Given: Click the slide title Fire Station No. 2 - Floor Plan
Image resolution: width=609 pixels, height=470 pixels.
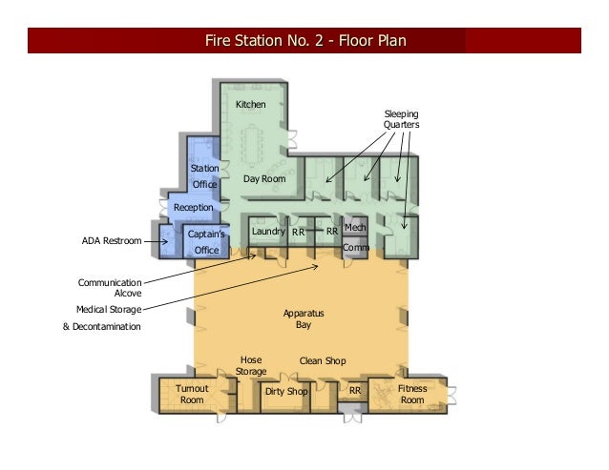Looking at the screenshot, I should pyautogui.click(x=304, y=41).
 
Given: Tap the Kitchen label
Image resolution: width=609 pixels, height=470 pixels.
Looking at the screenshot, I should pyautogui.click(x=250, y=104).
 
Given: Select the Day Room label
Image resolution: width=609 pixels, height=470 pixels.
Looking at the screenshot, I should pyautogui.click(x=264, y=178).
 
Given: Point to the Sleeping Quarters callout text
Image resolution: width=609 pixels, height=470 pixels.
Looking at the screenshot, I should pyautogui.click(x=401, y=119).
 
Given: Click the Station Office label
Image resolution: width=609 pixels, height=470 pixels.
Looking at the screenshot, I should pyautogui.click(x=205, y=175).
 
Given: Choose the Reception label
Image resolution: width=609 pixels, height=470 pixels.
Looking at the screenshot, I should pyautogui.click(x=194, y=207).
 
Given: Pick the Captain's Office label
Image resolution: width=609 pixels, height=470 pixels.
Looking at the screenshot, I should pyautogui.click(x=206, y=241).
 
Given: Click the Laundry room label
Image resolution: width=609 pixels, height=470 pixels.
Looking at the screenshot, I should pyautogui.click(x=267, y=231).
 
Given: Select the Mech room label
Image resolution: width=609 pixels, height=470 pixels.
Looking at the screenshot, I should pyautogui.click(x=355, y=228).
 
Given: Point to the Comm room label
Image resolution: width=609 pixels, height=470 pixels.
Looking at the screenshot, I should pyautogui.click(x=355, y=248).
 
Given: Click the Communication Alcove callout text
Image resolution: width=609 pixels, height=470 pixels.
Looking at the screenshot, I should pyautogui.click(x=110, y=288).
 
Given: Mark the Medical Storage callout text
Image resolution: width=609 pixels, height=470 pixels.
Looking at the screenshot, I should pyautogui.click(x=109, y=309).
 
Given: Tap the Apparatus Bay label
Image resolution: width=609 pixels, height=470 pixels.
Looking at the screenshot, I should pyautogui.click(x=303, y=318).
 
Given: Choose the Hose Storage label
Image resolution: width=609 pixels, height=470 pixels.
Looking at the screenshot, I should pyautogui.click(x=251, y=365).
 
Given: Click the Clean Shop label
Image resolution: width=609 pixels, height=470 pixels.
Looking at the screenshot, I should pyautogui.click(x=323, y=360).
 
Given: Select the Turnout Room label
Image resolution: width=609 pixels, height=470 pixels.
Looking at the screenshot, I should pyautogui.click(x=192, y=394).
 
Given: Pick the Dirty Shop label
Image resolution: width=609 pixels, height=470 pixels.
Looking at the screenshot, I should pyautogui.click(x=286, y=392).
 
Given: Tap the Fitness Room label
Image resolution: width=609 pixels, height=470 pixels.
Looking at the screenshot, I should pyautogui.click(x=412, y=394).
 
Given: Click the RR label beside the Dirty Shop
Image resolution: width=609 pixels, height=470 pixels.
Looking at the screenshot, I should pyautogui.click(x=354, y=391).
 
